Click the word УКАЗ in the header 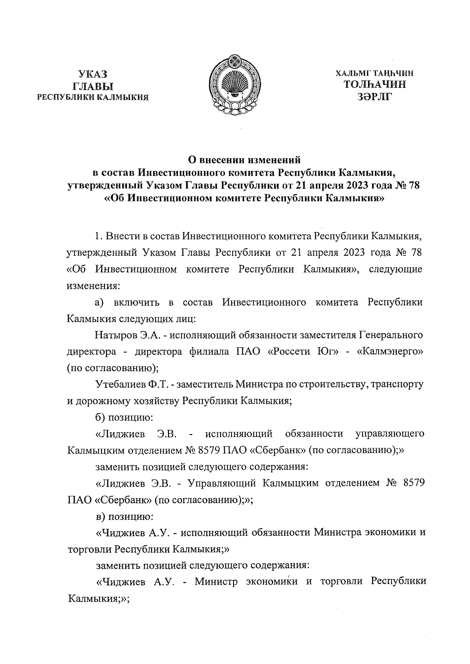[x=92, y=74]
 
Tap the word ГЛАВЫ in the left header [x=92, y=86]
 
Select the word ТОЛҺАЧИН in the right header [x=374, y=84]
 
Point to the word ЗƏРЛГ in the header [x=374, y=96]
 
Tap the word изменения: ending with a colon [x=92, y=286]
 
